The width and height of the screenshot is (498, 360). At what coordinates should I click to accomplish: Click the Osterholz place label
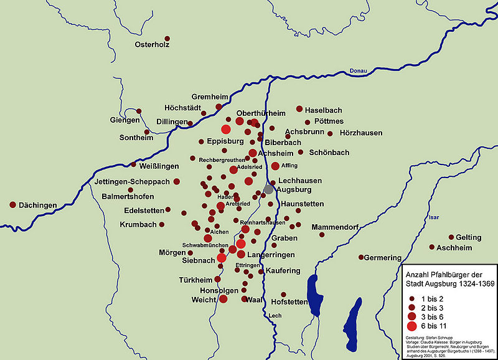click(153, 45)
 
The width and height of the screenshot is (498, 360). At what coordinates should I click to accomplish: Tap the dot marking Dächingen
click(12, 204)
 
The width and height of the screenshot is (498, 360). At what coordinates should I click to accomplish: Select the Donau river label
click(359, 70)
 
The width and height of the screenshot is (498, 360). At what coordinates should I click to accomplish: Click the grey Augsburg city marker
click(268, 189)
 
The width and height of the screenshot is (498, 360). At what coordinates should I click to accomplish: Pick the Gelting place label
click(468, 237)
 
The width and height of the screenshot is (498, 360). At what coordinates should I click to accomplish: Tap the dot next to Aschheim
click(431, 247)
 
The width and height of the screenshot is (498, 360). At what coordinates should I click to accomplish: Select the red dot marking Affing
click(275, 166)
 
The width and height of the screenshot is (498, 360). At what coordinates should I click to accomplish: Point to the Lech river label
click(275, 316)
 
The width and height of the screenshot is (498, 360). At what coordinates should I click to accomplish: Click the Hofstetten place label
click(289, 302)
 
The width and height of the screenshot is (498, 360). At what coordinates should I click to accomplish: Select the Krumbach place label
click(138, 224)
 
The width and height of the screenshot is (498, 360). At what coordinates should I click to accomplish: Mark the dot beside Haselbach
click(299, 108)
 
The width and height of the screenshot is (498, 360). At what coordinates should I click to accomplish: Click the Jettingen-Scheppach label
click(132, 182)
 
